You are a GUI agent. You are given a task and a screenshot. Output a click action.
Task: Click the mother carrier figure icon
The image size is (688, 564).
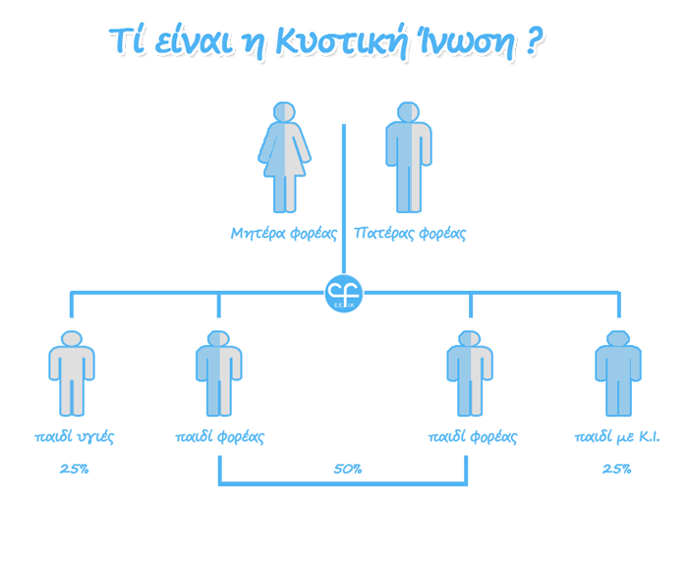(x=284, y=157)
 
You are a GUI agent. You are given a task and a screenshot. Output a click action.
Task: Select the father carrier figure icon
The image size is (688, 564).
(x=409, y=157)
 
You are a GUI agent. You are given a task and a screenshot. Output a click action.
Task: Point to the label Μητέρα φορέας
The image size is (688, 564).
(x=284, y=233)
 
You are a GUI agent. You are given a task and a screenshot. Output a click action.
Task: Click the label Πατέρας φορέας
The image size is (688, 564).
(x=410, y=233)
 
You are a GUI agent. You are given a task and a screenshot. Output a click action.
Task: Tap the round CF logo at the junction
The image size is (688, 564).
(x=344, y=294)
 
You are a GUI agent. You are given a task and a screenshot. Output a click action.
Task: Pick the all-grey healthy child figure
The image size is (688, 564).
(x=72, y=373)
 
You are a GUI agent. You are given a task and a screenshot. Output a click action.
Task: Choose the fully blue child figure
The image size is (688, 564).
(x=618, y=373)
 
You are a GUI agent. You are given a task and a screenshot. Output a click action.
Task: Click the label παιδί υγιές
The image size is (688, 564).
(x=74, y=437)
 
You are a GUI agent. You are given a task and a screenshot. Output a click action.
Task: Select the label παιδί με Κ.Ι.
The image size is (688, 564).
(x=617, y=436)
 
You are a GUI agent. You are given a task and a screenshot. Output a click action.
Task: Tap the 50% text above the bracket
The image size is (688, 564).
(x=348, y=470)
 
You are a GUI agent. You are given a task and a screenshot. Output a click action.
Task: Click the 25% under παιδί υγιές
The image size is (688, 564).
(x=74, y=470)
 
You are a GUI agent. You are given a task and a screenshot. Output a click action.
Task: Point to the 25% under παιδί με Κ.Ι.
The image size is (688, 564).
(x=616, y=470)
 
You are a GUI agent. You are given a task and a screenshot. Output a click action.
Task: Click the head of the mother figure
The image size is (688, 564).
(x=284, y=112)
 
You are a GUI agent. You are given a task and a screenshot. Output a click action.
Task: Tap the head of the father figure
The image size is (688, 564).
(x=409, y=112)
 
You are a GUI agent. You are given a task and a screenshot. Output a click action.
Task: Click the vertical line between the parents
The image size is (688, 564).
(x=344, y=199)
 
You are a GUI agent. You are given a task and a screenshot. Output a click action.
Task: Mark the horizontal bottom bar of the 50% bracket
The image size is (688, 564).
(x=343, y=483)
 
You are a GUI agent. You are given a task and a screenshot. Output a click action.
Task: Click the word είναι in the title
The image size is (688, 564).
(x=194, y=41)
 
